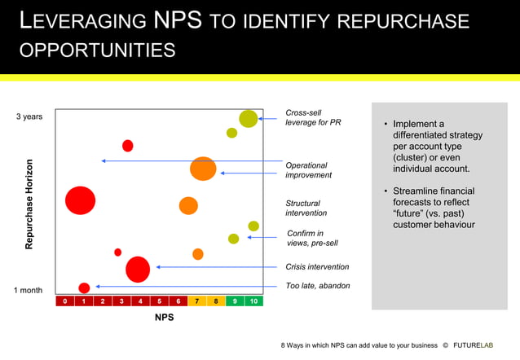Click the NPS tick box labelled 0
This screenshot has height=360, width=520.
64,301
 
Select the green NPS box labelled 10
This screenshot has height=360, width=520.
253,301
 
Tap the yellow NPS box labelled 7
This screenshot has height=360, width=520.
197,301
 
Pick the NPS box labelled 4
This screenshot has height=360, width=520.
140,301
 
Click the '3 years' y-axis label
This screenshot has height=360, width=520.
29,117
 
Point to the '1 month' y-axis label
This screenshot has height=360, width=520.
29,290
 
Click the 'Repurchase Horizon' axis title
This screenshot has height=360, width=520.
30,204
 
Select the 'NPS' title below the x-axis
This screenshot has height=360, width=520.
164,318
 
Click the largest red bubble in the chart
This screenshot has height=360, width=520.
80,200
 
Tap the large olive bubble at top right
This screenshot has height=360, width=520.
249,118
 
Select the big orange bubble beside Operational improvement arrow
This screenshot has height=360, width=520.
203,169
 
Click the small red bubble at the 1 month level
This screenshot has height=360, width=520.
84,288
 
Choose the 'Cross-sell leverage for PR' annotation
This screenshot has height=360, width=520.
313,117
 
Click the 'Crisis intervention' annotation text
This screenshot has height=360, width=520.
317,266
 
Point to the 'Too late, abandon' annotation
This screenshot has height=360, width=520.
318,286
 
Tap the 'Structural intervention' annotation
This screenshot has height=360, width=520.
306,208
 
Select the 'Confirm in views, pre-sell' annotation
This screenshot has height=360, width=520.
312,238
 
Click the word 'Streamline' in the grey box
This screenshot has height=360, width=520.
421,191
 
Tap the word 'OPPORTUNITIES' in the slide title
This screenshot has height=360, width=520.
97,50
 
